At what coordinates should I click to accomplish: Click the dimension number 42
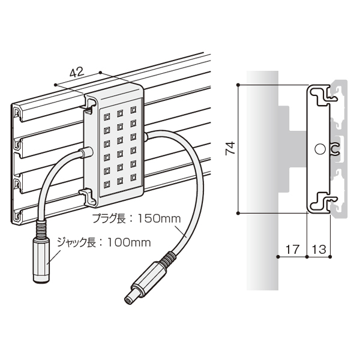77,72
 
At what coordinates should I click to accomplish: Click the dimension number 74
230,149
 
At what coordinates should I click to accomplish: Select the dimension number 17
293,249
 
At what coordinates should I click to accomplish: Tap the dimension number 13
319,249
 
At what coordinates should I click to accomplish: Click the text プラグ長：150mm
136,218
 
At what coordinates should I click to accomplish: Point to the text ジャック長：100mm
104,242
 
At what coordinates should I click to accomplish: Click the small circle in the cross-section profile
320,149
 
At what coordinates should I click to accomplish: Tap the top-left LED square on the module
107,117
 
